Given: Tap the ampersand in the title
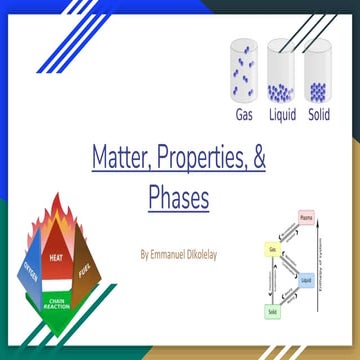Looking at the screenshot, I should (254, 157).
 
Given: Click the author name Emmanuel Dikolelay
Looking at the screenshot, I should (179, 255).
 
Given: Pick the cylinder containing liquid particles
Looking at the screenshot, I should (282, 72).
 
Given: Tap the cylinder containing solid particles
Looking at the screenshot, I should (318, 72).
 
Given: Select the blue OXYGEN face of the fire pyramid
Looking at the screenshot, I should (27, 271).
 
